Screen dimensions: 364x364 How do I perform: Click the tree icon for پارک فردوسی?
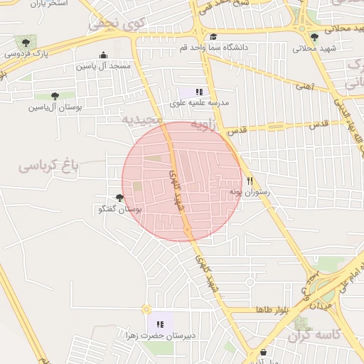[x=26, y=43]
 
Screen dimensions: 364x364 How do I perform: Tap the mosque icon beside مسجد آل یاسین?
[x=104, y=55]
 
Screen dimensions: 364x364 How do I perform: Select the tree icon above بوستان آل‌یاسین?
[x=55, y=96]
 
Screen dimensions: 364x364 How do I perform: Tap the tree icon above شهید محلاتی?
[x=314, y=37]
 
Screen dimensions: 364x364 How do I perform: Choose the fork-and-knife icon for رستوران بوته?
[x=250, y=181]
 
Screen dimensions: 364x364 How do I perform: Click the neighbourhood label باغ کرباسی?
[x=48, y=168]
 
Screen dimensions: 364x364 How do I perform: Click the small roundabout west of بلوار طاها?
[x=146, y=309]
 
